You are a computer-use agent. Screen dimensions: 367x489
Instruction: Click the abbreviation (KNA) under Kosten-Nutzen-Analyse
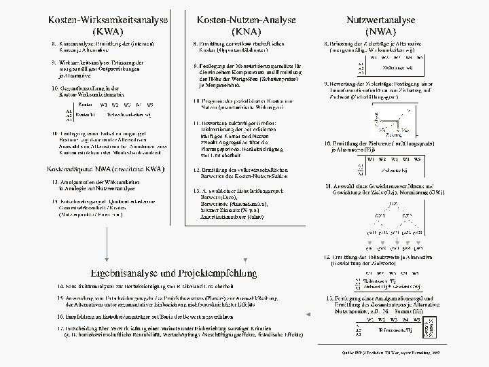pyautogui.click(x=245, y=31)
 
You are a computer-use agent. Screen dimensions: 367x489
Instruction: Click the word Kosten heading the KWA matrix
pyautogui.click(x=86, y=105)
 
